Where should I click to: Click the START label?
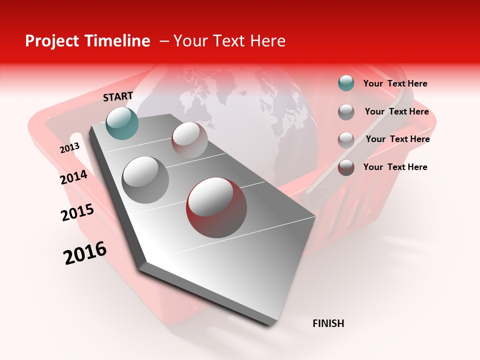118,96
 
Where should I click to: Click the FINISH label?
328,323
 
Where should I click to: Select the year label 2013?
69,148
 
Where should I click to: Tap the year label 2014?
73,177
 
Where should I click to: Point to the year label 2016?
85,253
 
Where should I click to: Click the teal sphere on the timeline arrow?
122,123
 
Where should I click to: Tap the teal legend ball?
346,83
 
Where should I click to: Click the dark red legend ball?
346,167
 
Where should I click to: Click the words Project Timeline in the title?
87,41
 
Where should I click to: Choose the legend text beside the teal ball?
395,83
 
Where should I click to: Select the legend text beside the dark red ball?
395,167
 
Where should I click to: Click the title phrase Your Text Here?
229,41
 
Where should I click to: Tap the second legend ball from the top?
346,111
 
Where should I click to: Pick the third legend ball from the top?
346,139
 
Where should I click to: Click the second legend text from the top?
396,111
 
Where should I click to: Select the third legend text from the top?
397,139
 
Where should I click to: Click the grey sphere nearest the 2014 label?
145,179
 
